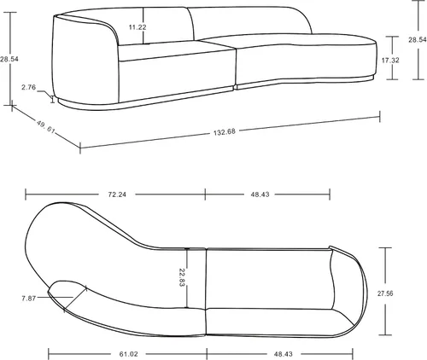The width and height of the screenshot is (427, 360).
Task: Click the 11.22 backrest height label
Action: point(137,27)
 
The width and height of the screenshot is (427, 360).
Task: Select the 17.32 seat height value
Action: point(390,61)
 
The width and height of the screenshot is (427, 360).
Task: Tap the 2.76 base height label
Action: point(29,87)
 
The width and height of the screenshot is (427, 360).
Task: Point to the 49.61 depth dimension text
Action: point(45,126)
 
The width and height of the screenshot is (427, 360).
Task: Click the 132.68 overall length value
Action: point(225,132)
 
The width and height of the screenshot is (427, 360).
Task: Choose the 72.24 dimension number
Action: point(117,195)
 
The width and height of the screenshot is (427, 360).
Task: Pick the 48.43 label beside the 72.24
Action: point(260,195)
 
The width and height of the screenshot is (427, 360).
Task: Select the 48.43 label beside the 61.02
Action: point(284,354)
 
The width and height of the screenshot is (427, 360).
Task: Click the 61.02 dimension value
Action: point(128,354)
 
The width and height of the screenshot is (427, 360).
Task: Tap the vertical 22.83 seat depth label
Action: point(182,277)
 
